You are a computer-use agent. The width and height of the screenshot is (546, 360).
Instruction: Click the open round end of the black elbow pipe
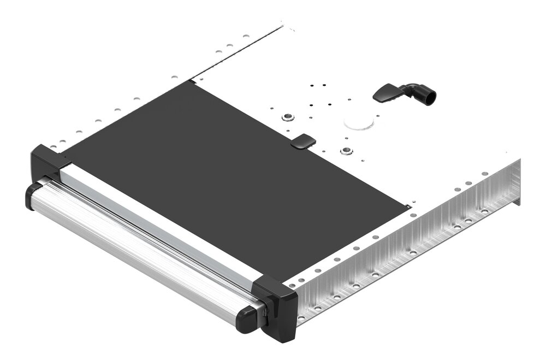(431, 97)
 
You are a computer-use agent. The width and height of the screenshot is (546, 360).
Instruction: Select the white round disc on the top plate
(359, 121)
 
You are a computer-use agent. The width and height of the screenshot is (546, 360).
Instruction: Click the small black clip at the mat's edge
(303, 142)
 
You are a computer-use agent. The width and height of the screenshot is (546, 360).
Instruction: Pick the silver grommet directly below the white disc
(346, 150)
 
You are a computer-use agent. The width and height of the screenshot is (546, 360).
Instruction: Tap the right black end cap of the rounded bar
(248, 318)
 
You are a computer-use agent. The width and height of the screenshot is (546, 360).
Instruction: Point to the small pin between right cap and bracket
(264, 312)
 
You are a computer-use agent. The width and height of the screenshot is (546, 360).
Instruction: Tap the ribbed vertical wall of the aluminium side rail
(415, 246)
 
